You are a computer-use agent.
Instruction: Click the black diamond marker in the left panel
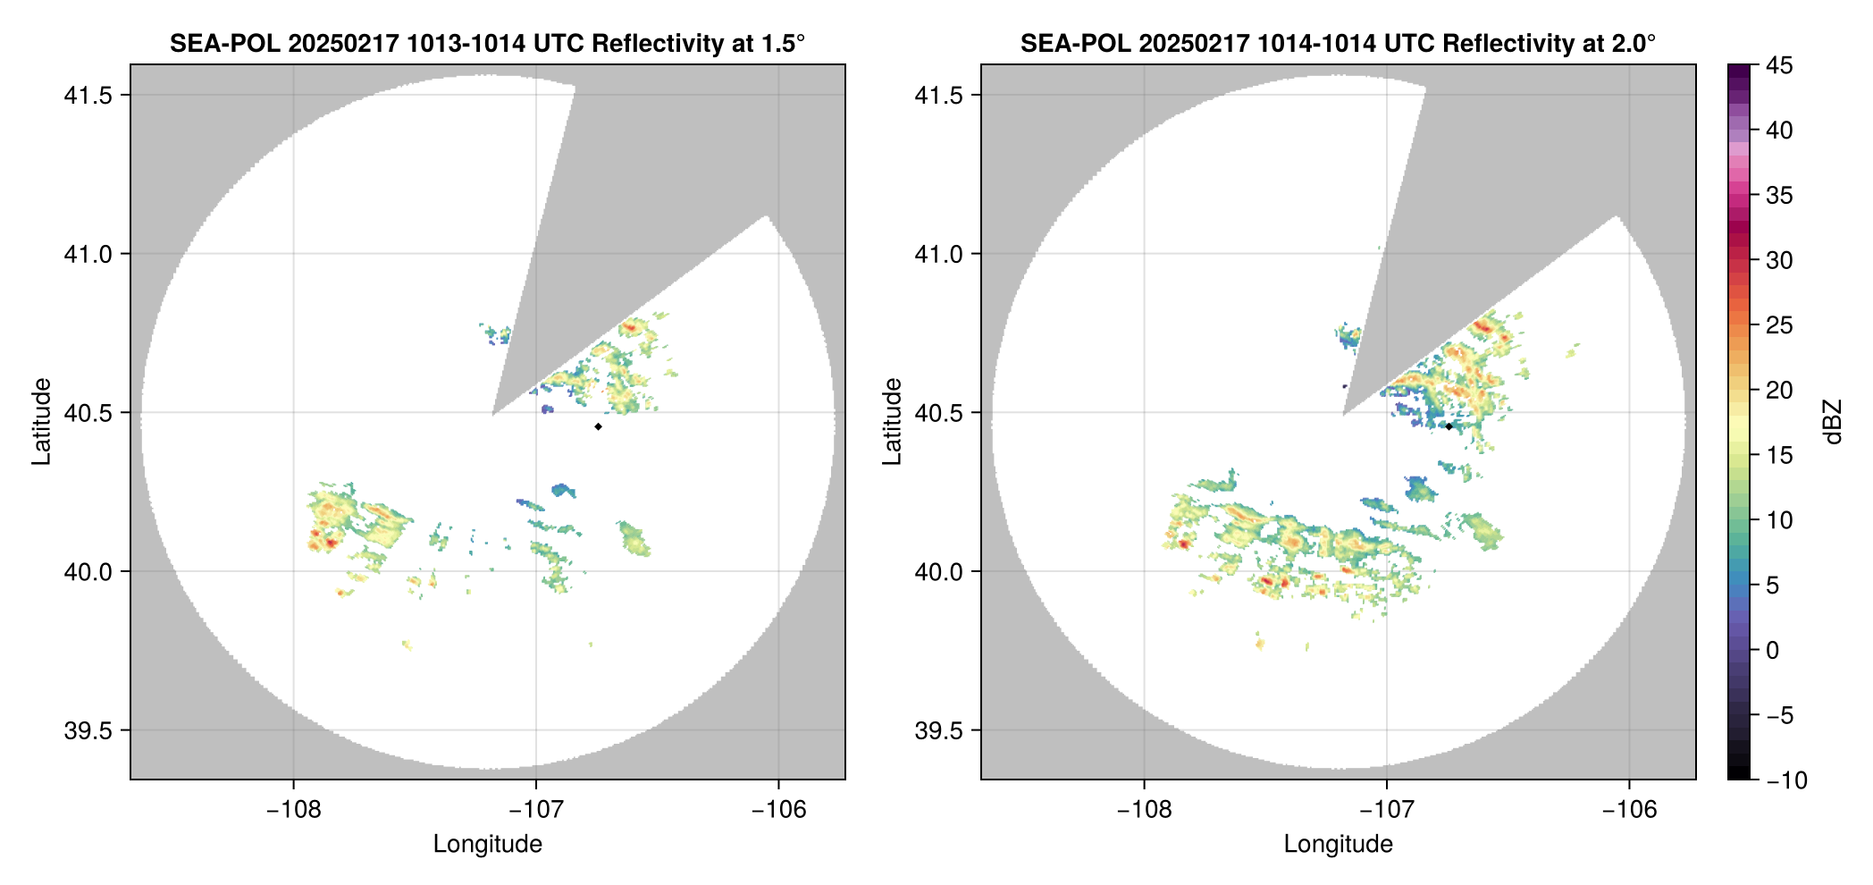598,426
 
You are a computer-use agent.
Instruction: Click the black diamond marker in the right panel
1449,426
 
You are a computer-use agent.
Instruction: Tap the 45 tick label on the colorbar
1779,65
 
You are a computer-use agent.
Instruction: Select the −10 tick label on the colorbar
1786,780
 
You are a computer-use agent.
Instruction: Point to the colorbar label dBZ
1833,422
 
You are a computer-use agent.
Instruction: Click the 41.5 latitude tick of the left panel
88,96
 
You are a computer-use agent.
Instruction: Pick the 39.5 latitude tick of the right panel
938,730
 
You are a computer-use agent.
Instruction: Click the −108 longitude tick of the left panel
293,810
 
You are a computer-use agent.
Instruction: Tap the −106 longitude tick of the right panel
1629,810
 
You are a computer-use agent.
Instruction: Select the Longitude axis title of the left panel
488,844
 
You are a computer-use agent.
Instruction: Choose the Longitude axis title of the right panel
1339,844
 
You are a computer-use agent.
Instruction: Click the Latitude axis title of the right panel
892,422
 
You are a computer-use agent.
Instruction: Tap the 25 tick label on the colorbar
1779,325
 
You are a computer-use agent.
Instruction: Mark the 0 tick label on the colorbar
1773,651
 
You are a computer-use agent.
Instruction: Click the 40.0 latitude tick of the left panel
88,571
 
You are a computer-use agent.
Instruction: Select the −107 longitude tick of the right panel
1387,810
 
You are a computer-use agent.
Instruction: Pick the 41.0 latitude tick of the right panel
938,254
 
